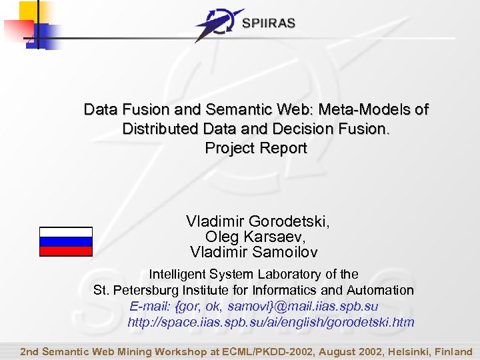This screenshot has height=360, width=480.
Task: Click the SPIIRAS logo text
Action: (269, 23)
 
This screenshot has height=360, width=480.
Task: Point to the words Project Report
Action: (256, 148)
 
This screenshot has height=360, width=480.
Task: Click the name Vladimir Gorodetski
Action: (257, 221)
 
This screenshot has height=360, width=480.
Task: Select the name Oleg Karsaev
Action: (256, 237)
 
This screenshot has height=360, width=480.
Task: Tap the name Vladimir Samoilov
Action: (254, 252)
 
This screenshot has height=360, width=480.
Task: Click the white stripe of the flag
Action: (66, 232)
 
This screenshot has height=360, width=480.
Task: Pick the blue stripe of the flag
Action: (66, 241)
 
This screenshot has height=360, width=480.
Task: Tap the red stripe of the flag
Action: (66, 251)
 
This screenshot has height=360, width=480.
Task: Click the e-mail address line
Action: (254, 307)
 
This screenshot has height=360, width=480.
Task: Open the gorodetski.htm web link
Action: (271, 323)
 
